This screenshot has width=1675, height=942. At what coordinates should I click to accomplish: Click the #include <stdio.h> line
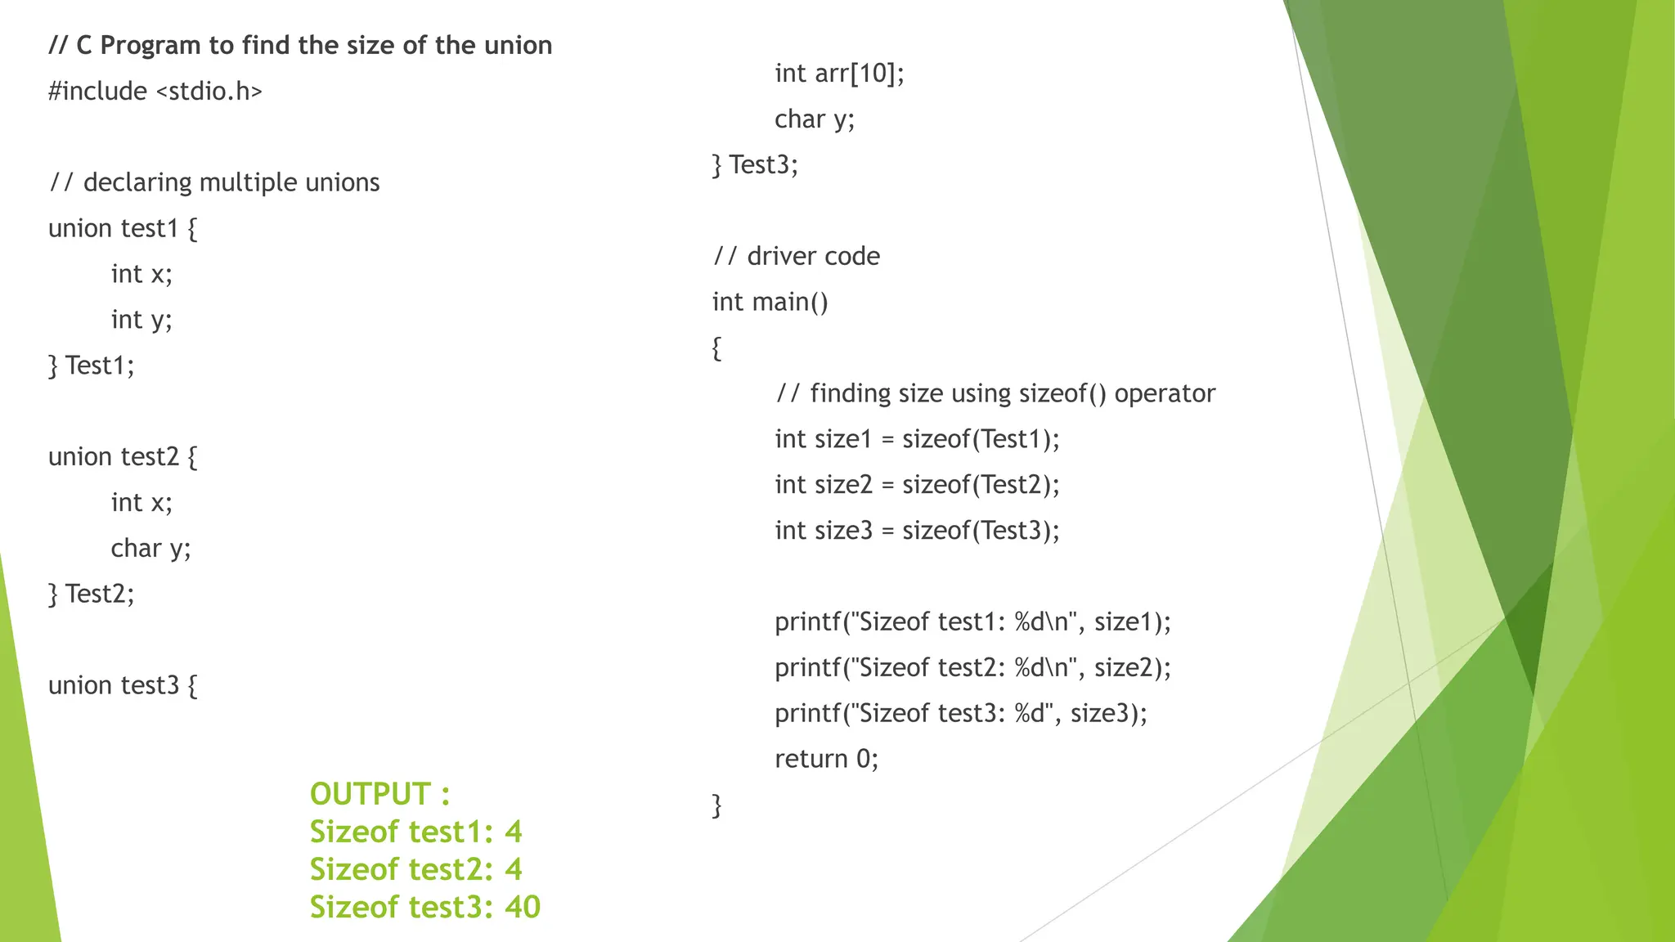point(155,91)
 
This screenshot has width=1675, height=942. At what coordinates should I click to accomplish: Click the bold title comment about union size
point(300,45)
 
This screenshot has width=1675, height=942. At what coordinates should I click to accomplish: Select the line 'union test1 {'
point(123,228)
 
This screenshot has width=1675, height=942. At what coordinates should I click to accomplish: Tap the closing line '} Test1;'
point(91,365)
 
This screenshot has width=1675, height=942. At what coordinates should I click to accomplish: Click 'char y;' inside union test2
point(150,548)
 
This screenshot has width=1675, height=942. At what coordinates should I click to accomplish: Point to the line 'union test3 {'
point(123,685)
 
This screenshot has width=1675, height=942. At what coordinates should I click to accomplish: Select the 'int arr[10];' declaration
point(839,74)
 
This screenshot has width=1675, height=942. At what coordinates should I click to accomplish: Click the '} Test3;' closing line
point(755,165)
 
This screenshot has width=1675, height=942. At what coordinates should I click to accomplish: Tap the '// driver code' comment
point(797,257)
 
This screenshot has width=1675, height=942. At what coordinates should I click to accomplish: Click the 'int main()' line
point(770,303)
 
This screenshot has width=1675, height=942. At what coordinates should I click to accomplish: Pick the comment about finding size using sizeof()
point(995,393)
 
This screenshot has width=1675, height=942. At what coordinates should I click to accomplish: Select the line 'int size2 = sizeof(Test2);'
point(917,485)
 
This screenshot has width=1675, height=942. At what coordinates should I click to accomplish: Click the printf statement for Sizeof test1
point(972,622)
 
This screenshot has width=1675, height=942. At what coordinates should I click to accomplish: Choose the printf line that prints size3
point(961,714)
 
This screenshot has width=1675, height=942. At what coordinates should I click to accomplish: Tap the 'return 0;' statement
point(826,760)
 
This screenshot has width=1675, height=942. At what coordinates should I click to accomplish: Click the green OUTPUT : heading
point(379,794)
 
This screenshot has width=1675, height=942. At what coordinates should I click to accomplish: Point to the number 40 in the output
point(523,907)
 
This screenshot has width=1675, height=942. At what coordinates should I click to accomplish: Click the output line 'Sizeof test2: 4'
point(415,869)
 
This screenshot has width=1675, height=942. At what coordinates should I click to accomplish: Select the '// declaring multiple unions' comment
point(214,182)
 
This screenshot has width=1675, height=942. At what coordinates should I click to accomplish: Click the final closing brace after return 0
point(717,805)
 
